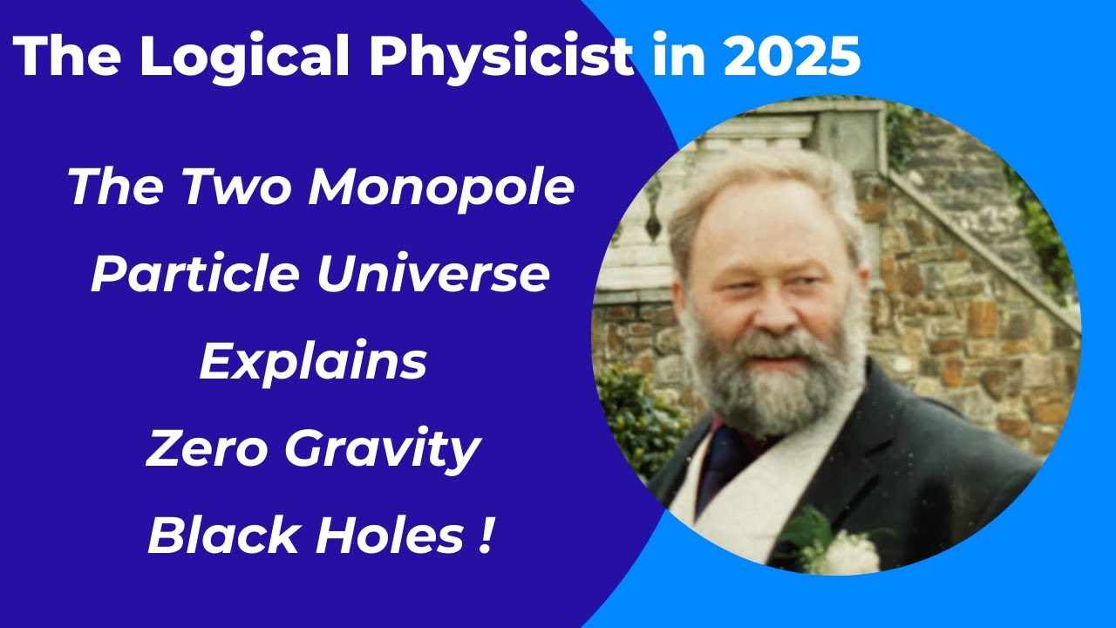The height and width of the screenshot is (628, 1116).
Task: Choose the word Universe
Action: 433,275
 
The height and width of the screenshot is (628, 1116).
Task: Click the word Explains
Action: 313,363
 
